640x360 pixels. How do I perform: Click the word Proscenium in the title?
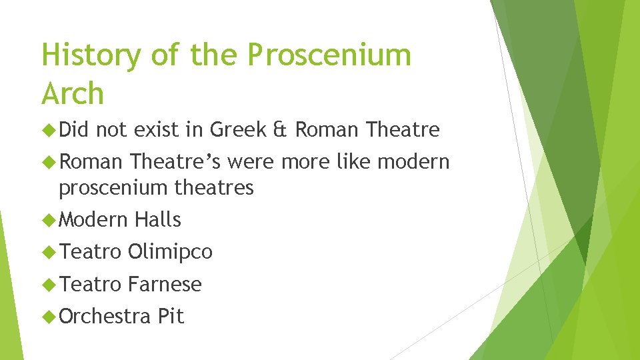(x=329, y=56)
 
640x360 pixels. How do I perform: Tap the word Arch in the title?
(x=73, y=94)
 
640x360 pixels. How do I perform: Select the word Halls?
(x=158, y=219)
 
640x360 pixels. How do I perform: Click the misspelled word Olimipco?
(x=170, y=252)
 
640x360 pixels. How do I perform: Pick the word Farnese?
(x=165, y=284)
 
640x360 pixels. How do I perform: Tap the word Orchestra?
(x=105, y=316)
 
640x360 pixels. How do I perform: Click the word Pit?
(x=171, y=316)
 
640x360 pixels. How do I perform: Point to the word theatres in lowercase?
(x=214, y=188)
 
